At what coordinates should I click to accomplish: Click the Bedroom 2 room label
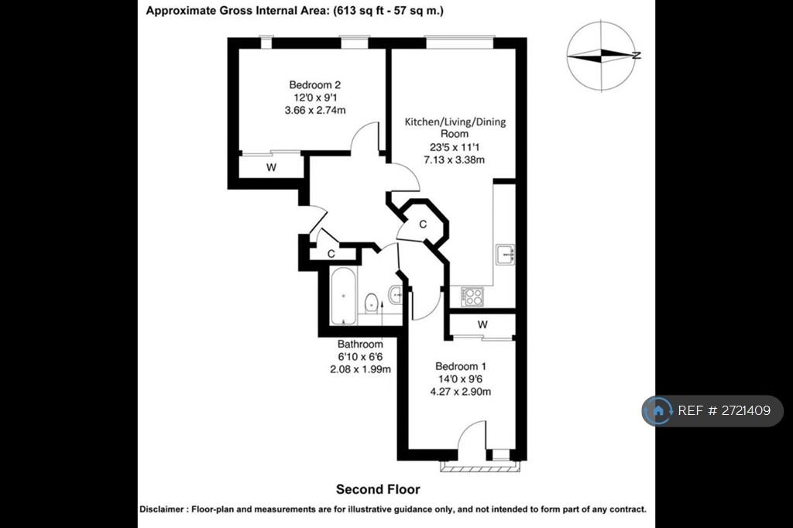pyautogui.click(x=314, y=85)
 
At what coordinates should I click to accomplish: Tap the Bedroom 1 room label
pyautogui.click(x=460, y=366)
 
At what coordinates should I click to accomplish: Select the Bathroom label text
pyautogui.click(x=360, y=344)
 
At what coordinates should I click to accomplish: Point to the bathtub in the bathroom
pyautogui.click(x=343, y=296)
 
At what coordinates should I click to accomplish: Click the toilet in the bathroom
pyautogui.click(x=371, y=303)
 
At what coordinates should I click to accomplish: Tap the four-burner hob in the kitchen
pyautogui.click(x=472, y=297)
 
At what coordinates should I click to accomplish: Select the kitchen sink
pyautogui.click(x=505, y=255)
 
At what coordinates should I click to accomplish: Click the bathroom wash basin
pyautogui.click(x=396, y=293)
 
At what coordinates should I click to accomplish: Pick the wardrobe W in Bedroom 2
pyautogui.click(x=272, y=167)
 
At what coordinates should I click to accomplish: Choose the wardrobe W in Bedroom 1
pyautogui.click(x=482, y=324)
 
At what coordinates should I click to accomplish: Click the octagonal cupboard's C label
pyautogui.click(x=423, y=224)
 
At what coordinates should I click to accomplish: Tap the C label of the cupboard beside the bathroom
pyautogui.click(x=331, y=253)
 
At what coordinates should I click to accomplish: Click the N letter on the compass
pyautogui.click(x=637, y=56)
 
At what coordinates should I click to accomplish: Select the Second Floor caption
pyautogui.click(x=378, y=489)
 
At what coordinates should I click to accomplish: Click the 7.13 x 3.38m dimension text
pyautogui.click(x=454, y=159)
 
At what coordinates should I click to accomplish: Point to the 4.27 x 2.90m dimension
pyautogui.click(x=460, y=392)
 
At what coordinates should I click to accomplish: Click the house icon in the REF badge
pyautogui.click(x=658, y=410)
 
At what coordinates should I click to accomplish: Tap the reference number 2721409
pyautogui.click(x=746, y=410)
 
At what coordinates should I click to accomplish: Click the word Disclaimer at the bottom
pyautogui.click(x=161, y=509)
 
